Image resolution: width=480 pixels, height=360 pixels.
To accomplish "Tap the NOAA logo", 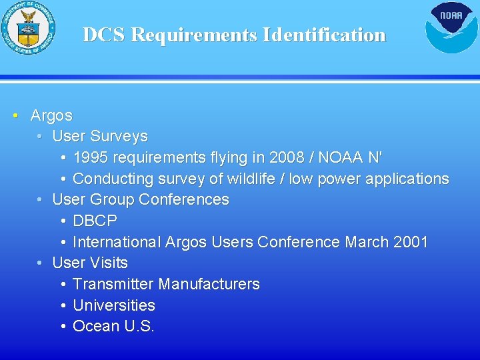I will [451, 28].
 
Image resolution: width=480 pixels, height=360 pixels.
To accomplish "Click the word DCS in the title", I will [104, 35].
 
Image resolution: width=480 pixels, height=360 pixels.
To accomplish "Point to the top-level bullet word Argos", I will [51, 115].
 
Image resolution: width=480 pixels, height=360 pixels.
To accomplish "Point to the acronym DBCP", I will [95, 221].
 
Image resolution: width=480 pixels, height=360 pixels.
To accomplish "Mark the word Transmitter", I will [113, 284].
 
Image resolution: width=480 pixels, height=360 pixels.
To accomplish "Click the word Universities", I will [113, 305].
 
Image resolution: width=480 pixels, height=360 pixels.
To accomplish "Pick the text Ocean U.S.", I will [113, 326].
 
